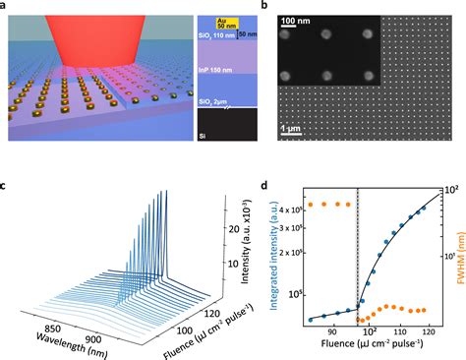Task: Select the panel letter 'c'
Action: (x=6, y=186)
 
